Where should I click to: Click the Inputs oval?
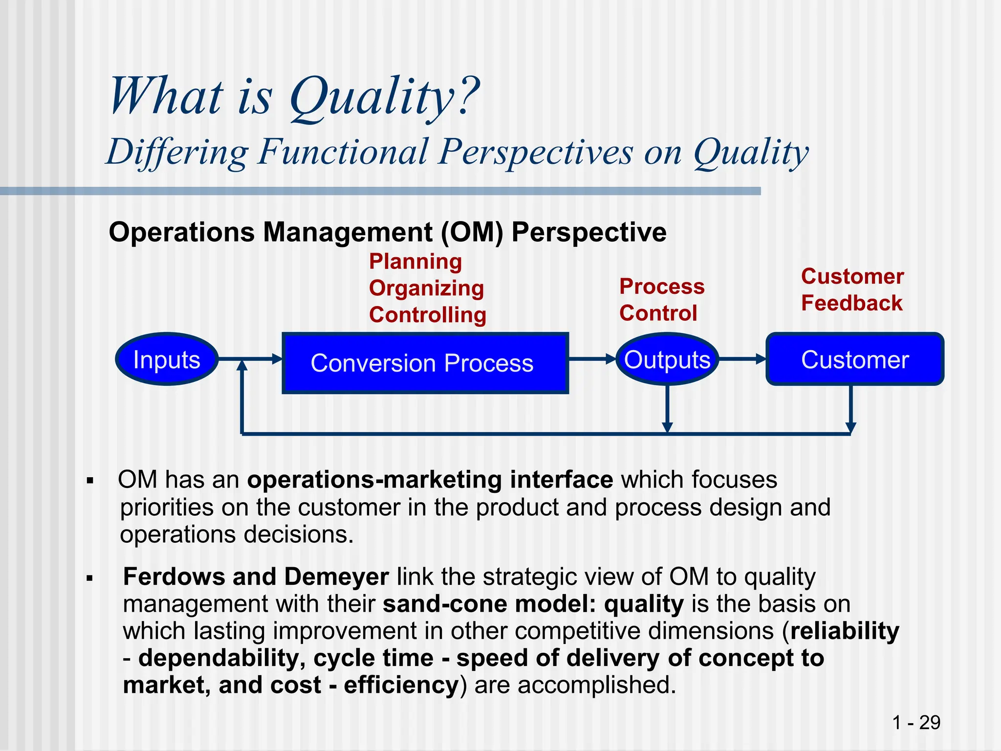(167, 360)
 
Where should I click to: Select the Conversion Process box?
(425, 363)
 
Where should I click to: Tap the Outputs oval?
(667, 360)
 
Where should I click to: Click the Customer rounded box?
(854, 360)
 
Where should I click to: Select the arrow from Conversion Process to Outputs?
(592, 359)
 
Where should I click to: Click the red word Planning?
(415, 262)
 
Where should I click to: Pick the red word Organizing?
(426, 288)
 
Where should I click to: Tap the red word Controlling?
(428, 315)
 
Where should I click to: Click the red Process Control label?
(661, 300)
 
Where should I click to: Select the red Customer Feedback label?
(852, 290)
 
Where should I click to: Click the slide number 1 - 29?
(916, 722)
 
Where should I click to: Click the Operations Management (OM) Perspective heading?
(387, 232)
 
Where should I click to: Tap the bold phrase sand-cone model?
(489, 604)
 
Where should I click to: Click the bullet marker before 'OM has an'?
(89, 481)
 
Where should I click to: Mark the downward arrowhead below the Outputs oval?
(667, 427)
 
